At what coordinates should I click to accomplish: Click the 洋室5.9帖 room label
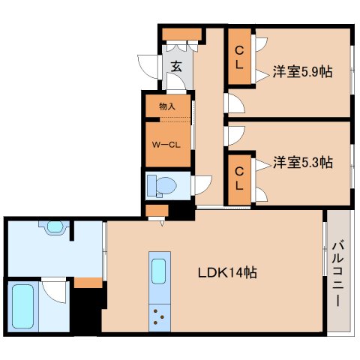[x=302, y=73]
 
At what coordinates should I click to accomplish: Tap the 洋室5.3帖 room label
[x=302, y=161]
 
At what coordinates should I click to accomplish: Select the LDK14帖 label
[x=228, y=273]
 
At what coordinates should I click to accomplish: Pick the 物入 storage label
[x=168, y=106]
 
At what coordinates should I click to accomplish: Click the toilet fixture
[x=162, y=184]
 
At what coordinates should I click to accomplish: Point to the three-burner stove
[x=159, y=316]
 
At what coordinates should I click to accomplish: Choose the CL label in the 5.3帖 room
[x=239, y=177]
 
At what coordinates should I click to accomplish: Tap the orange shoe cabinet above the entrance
[x=181, y=33]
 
